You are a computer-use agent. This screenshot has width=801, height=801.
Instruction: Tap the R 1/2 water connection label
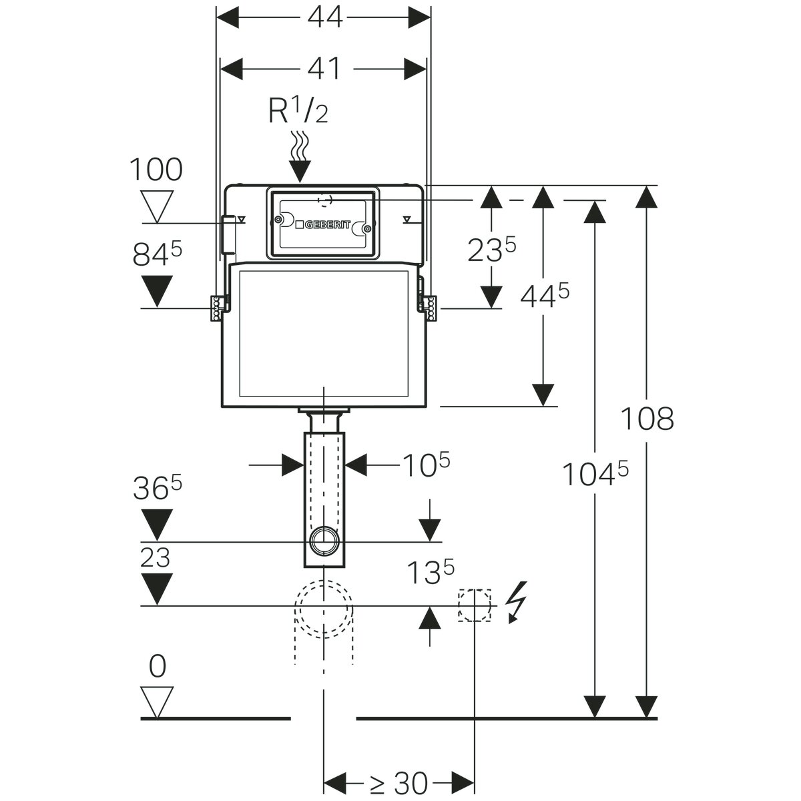pyautogui.click(x=298, y=111)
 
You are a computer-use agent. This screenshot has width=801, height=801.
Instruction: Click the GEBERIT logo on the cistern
pyautogui.click(x=322, y=225)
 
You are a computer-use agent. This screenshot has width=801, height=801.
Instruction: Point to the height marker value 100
pyautogui.click(x=156, y=170)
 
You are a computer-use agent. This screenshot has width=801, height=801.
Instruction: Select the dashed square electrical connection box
pyautogui.click(x=475, y=605)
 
